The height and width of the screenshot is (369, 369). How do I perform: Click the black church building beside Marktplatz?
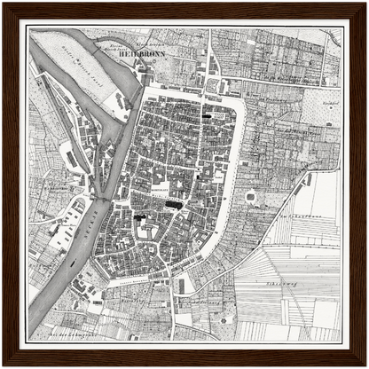174,205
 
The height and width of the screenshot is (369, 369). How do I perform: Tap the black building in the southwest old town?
138,215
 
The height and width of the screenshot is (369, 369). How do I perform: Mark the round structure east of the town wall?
250,196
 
